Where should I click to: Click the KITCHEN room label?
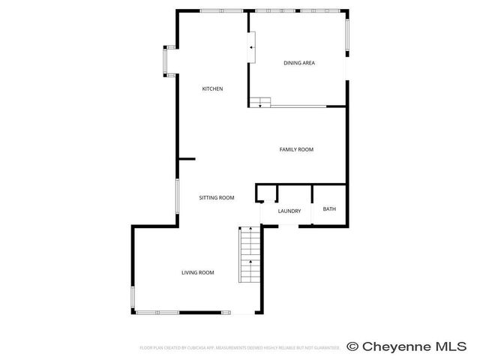tap(212, 89)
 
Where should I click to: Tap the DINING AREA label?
tap(298, 63)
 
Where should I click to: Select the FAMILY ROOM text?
tap(296, 150)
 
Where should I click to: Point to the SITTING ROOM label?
tap(217, 198)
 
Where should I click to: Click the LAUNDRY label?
tap(289, 211)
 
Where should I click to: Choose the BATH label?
tap(329, 209)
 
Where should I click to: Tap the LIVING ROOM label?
tap(198, 272)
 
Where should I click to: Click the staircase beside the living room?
tap(249, 255)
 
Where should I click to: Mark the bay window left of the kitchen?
tap(169, 61)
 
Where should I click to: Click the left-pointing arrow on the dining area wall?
tap(252, 48)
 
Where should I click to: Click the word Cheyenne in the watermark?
tap(403, 346)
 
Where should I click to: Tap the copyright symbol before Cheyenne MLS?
tap(353, 346)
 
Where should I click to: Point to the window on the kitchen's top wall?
tap(221, 10)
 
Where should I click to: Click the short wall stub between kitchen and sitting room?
tap(187, 158)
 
